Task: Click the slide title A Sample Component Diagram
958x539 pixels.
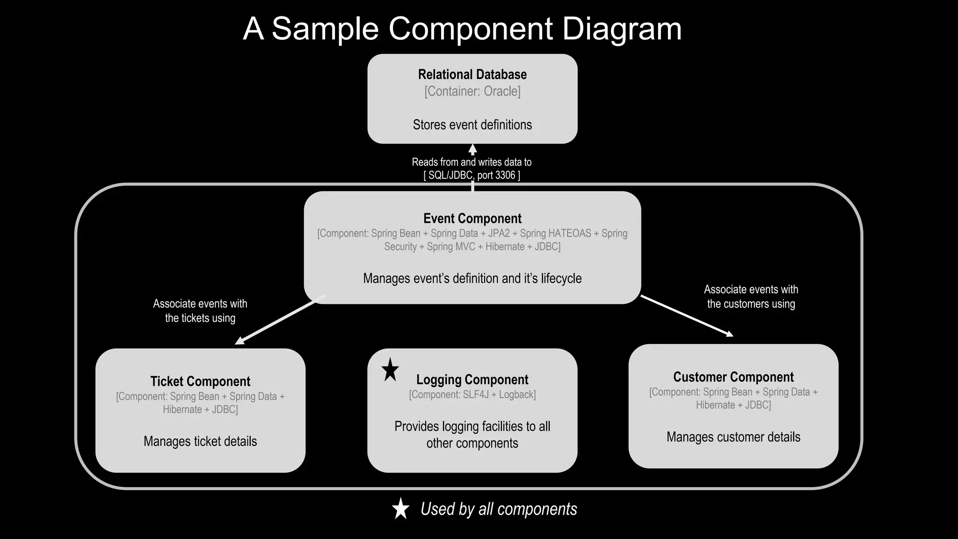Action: point(462,29)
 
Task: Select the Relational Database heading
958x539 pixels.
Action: point(472,74)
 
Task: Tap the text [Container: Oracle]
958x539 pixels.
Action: point(472,91)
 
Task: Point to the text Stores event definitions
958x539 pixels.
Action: point(472,125)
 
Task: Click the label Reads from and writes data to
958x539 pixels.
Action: point(472,162)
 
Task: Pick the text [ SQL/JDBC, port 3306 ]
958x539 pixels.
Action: point(472,175)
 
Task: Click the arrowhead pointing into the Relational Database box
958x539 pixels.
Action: point(472,150)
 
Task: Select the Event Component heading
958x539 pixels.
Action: point(472,219)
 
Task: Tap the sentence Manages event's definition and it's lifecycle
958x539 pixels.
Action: point(472,278)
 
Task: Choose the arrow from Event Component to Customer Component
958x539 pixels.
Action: point(687,315)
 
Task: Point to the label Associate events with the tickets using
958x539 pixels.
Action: point(200,311)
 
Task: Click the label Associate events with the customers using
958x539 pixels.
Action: point(751,297)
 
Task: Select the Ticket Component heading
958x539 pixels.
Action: point(200,381)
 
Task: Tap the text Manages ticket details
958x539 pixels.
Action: point(200,441)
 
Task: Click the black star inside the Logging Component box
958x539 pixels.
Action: point(390,371)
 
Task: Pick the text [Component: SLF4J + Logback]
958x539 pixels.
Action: point(472,395)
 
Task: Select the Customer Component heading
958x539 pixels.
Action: point(733,377)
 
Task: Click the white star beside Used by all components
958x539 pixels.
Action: point(400,509)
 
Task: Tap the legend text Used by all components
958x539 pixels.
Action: point(499,509)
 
